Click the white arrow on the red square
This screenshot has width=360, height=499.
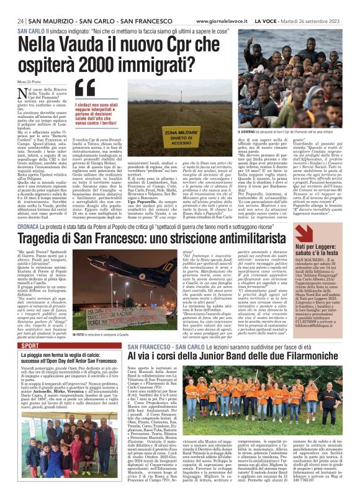pyautogui.click(x=304, y=233)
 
